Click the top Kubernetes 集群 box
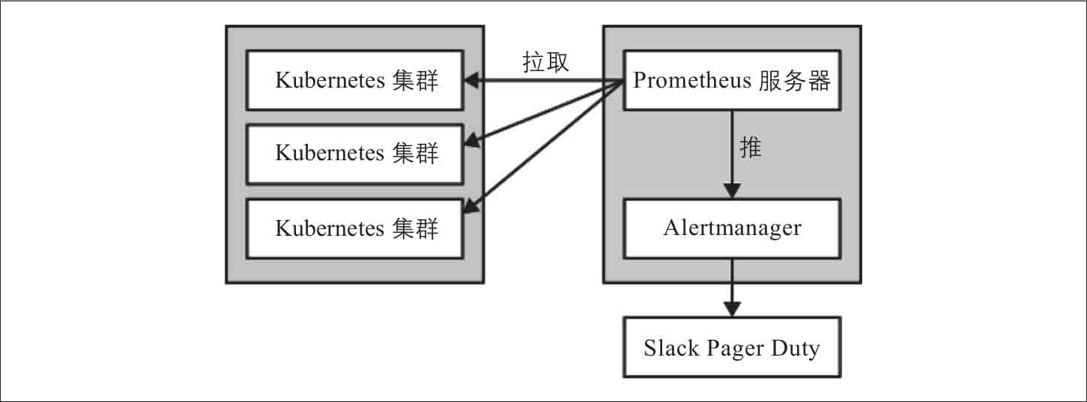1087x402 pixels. point(356,80)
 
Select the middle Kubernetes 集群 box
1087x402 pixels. point(356,154)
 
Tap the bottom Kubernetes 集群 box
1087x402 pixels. point(356,228)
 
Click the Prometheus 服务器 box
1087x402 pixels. point(732,80)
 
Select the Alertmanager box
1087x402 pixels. point(732,228)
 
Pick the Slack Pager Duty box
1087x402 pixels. point(732,347)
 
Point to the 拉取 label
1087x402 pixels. point(545,63)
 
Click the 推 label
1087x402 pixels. point(751,148)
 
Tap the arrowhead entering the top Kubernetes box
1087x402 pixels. point(472,80)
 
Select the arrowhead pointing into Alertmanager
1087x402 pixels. point(732,191)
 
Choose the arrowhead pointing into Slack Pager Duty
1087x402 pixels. point(732,308)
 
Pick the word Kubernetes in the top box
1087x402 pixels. point(330,81)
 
